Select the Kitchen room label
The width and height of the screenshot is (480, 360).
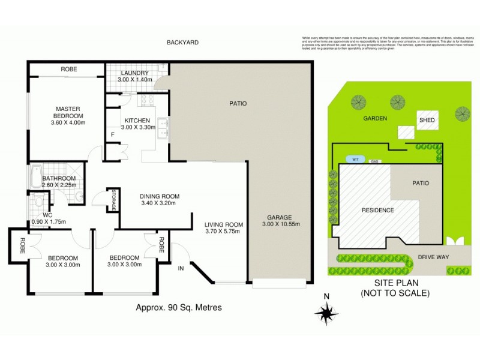136,119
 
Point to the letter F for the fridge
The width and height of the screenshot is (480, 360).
112,134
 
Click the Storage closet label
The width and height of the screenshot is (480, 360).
112,199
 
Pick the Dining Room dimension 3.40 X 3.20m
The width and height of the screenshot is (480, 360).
160,204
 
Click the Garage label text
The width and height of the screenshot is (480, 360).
280,217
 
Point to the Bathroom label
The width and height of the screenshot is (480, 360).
59,178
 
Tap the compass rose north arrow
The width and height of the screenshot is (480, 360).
326,311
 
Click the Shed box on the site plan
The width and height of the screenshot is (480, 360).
427,120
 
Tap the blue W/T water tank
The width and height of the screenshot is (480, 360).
355,159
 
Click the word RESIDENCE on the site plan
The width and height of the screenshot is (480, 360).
377,210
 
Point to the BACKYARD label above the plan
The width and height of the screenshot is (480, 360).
183,43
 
